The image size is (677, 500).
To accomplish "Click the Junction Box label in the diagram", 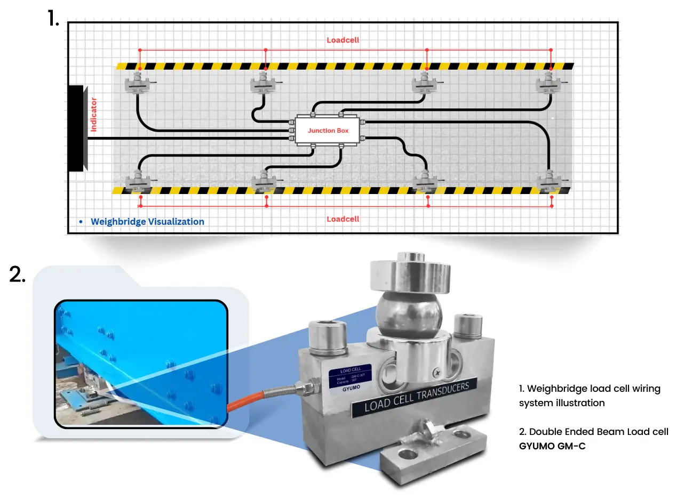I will point(328,131).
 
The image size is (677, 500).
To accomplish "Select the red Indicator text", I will point(94,115).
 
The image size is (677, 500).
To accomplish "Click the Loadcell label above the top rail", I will point(343,40).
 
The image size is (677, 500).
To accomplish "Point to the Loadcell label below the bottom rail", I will point(343,219).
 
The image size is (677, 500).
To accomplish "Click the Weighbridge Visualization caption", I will point(147,222).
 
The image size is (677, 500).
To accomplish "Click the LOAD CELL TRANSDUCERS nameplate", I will point(417,397).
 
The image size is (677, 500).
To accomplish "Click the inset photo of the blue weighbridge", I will point(141,364).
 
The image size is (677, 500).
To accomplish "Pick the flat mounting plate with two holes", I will point(435,450).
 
